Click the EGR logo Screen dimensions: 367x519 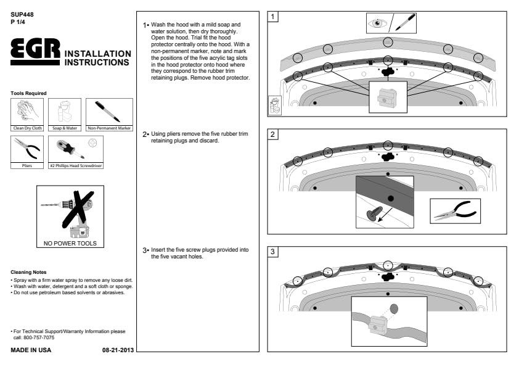[x=36, y=52]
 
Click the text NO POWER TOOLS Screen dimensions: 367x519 [x=70, y=243]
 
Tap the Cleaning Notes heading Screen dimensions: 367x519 [x=28, y=272]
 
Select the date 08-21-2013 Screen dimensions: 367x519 [x=118, y=350]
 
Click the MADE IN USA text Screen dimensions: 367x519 [x=31, y=350]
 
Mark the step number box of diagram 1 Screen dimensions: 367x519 [x=273, y=17]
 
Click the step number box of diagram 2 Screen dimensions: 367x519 [x=273, y=135]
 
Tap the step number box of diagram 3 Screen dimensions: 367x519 [x=273, y=252]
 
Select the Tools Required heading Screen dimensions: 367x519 [x=28, y=93]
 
